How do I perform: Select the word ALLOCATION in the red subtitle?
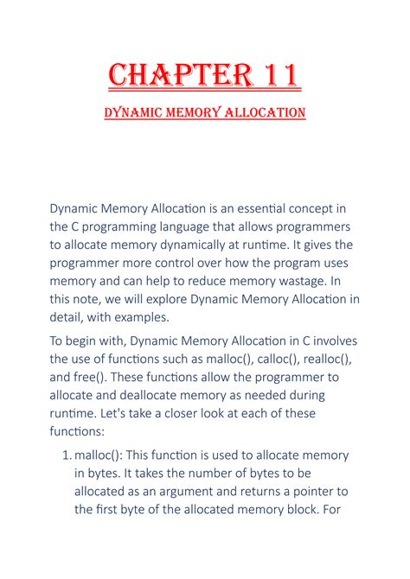pyautogui.click(x=262, y=112)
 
